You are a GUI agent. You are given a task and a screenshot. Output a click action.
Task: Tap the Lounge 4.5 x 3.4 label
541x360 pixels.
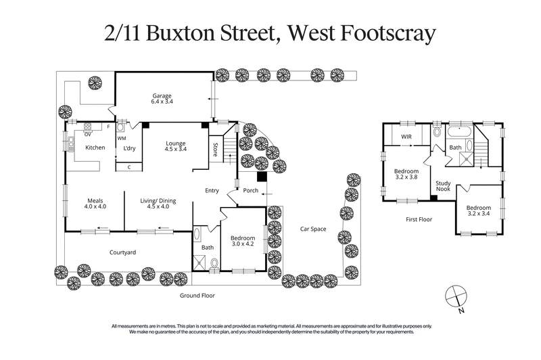pyautogui.click(x=176, y=145)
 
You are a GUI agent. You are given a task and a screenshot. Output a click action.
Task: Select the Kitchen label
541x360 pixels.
pyautogui.click(x=94, y=148)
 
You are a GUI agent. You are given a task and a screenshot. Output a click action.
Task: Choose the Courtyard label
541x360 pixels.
pyautogui.click(x=123, y=252)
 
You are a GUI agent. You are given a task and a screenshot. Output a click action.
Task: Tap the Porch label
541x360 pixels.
pyautogui.click(x=251, y=190)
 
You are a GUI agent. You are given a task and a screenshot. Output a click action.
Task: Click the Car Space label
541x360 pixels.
pyautogui.click(x=313, y=229)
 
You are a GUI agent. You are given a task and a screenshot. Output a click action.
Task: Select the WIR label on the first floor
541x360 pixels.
pyautogui.click(x=407, y=136)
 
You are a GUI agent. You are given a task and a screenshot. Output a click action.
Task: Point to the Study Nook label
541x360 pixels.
pyautogui.click(x=443, y=185)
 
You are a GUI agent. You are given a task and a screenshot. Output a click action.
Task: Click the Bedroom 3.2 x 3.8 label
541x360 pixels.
pyautogui.click(x=406, y=175)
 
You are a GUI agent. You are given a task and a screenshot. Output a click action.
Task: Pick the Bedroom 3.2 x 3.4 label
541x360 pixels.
pyautogui.click(x=479, y=210)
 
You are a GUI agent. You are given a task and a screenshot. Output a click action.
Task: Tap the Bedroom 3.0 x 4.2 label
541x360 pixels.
pyautogui.click(x=242, y=242)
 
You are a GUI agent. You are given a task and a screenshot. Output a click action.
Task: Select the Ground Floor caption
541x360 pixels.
pyautogui.click(x=197, y=296)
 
